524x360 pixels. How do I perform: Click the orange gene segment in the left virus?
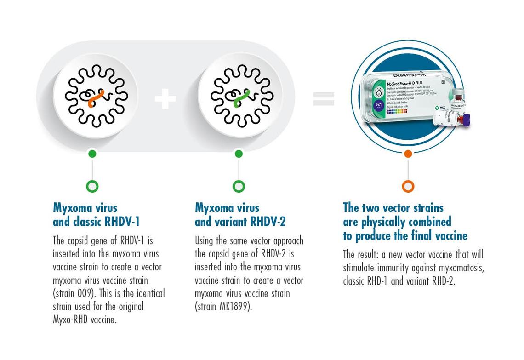[x=96, y=98]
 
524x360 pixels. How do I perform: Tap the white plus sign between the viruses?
[x=165, y=99]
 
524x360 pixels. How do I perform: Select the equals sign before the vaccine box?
[x=324, y=99]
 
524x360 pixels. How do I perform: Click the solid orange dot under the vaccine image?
[x=408, y=154]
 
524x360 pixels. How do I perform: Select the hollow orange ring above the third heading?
[x=408, y=186]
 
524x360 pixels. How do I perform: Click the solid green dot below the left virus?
[x=92, y=154]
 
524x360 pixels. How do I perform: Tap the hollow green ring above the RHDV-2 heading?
[x=239, y=186]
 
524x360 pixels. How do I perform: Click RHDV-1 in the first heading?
[x=122, y=222]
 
